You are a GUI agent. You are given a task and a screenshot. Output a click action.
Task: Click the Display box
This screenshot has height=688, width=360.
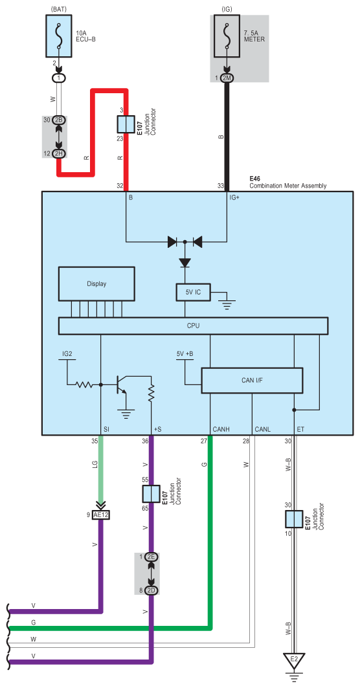click(x=96, y=283)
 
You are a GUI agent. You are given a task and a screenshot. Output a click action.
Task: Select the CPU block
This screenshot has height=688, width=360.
click(x=193, y=326)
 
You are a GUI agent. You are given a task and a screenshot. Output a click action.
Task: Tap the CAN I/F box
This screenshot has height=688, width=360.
click(x=252, y=380)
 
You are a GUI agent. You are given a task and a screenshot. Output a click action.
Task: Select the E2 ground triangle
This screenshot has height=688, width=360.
click(x=294, y=661)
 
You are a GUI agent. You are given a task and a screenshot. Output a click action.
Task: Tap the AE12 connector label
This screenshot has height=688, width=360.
click(x=101, y=515)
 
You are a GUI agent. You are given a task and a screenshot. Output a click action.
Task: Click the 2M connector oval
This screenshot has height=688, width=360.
click(x=227, y=78)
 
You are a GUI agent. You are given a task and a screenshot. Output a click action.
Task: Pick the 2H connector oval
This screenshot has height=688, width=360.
click(x=59, y=153)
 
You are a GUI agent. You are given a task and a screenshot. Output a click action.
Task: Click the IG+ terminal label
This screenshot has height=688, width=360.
click(x=234, y=197)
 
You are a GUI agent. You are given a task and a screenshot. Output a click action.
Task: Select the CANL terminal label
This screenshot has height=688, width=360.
click(x=263, y=429)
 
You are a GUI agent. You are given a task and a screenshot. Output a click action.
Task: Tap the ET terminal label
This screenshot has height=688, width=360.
click(x=300, y=429)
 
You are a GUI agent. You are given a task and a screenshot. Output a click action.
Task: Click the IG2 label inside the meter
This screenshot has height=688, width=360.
click(x=67, y=354)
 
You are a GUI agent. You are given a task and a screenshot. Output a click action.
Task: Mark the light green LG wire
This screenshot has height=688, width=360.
click(x=100, y=466)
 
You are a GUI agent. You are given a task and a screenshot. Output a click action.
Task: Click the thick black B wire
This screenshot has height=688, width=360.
click(x=227, y=136)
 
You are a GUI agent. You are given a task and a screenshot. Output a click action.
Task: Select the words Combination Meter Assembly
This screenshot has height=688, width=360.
click(x=287, y=186)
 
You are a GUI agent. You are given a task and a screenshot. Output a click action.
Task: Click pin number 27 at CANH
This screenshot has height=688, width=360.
click(x=203, y=441)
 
